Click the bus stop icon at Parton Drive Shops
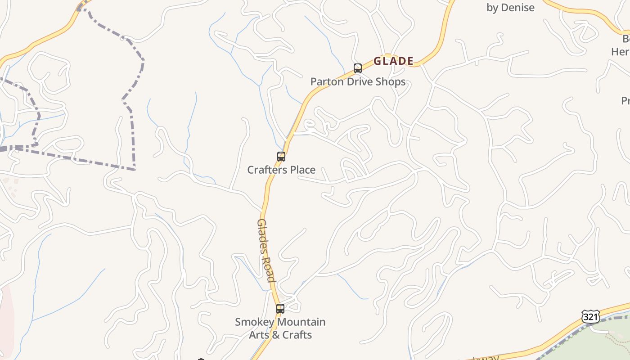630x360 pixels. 358,68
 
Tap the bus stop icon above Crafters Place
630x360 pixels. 281,157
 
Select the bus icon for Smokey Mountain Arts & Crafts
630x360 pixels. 280,309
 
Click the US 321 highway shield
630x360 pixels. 590,316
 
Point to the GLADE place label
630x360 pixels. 394,61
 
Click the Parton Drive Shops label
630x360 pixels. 358,82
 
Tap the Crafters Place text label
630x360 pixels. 281,170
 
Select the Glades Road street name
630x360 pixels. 266,250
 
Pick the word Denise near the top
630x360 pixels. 517,8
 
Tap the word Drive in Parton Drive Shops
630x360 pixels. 360,82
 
